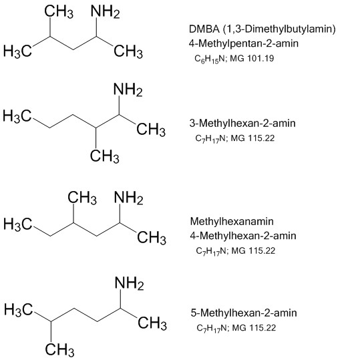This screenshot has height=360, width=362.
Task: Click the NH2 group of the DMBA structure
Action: point(106,11)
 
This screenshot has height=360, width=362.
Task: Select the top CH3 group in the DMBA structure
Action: point(59,11)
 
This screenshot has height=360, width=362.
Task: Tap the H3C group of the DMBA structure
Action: point(17,51)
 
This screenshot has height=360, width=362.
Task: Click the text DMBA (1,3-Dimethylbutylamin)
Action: point(262,29)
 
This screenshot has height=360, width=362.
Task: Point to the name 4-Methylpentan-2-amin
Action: point(244,43)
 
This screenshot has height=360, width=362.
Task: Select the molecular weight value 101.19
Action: point(260,58)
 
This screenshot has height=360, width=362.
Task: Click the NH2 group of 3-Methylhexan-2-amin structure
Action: point(128,89)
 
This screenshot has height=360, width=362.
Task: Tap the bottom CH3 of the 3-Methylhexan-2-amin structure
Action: point(105,156)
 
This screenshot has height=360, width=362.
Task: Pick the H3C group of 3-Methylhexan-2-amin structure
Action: point(17,116)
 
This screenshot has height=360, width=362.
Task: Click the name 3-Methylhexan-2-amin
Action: point(242,123)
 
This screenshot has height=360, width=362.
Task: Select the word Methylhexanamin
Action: point(232,221)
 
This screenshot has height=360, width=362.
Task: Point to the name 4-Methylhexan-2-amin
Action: point(243,236)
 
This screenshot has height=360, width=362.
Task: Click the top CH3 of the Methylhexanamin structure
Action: point(82,198)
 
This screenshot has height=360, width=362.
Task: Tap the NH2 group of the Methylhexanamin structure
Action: point(129,198)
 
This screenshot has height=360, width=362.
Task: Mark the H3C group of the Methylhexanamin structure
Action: point(18,224)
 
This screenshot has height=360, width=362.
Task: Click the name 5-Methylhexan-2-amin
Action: point(244,313)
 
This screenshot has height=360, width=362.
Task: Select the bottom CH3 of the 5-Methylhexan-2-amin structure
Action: point(59,349)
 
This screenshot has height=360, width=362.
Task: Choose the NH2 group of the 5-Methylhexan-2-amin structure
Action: point(130,283)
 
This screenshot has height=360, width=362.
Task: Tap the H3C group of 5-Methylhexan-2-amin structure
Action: point(19,310)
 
